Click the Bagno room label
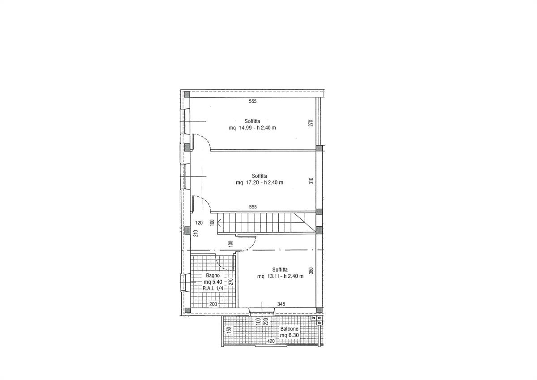point(213,276)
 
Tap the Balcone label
point(290,329)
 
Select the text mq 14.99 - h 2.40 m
point(252,128)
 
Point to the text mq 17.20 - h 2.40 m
point(260,182)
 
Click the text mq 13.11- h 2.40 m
point(280,276)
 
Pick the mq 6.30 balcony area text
point(290,335)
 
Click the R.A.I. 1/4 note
point(213,288)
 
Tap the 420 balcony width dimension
point(271,341)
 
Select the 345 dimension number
point(281,304)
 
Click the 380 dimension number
point(311,271)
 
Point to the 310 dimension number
point(311,181)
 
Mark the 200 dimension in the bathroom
point(213,304)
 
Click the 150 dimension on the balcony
point(229,330)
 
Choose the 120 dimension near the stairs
point(199,223)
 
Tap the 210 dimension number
point(196,233)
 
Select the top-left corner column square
point(187,95)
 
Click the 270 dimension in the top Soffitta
point(311,123)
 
